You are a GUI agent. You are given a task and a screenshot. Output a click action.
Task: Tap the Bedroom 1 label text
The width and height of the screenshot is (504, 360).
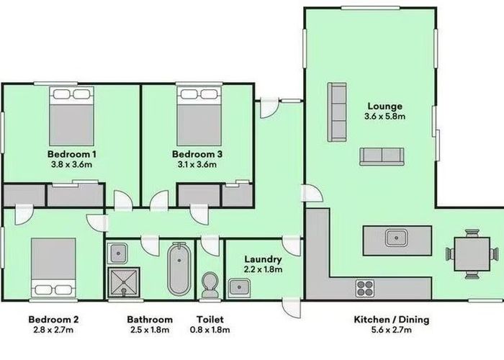coord(72,154)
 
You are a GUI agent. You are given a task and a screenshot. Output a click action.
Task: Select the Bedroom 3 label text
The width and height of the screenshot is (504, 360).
coord(197,154)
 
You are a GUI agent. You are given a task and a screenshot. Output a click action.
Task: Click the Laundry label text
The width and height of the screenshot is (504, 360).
coord(262,259)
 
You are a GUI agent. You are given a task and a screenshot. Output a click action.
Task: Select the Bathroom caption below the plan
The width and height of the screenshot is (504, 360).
coord(150,319)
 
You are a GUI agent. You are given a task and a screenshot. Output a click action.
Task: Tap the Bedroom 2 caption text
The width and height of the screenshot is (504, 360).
coord(53,319)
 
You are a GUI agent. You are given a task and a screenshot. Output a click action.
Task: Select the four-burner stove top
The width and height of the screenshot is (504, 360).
coord(365,287)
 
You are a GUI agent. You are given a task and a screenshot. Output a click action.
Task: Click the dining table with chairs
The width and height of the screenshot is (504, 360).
coord(472,253)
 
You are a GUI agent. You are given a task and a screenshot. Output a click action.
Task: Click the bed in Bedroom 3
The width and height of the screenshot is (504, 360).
coord(196,115)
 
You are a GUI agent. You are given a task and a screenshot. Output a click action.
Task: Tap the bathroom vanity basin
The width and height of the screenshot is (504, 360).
coord(117,252)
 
